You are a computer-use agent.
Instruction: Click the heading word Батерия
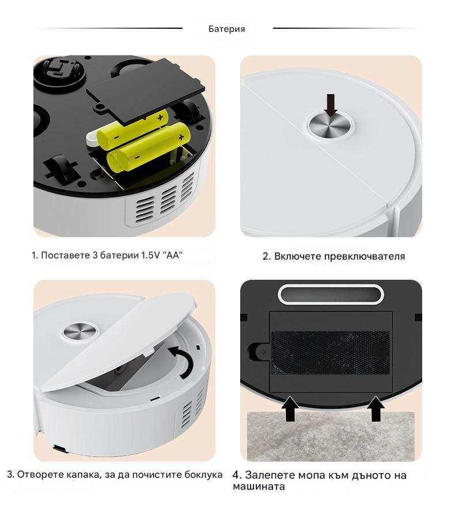(226, 29)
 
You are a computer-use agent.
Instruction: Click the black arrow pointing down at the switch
(331, 105)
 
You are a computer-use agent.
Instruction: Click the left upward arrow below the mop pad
(290, 409)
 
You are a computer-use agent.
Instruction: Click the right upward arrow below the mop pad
(376, 409)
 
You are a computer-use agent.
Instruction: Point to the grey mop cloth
(331, 436)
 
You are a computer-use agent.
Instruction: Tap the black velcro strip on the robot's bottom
(331, 352)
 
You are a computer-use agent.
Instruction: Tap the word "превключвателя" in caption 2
(365, 256)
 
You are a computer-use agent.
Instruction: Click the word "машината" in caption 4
(259, 486)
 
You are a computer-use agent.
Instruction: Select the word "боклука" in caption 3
(203, 475)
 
